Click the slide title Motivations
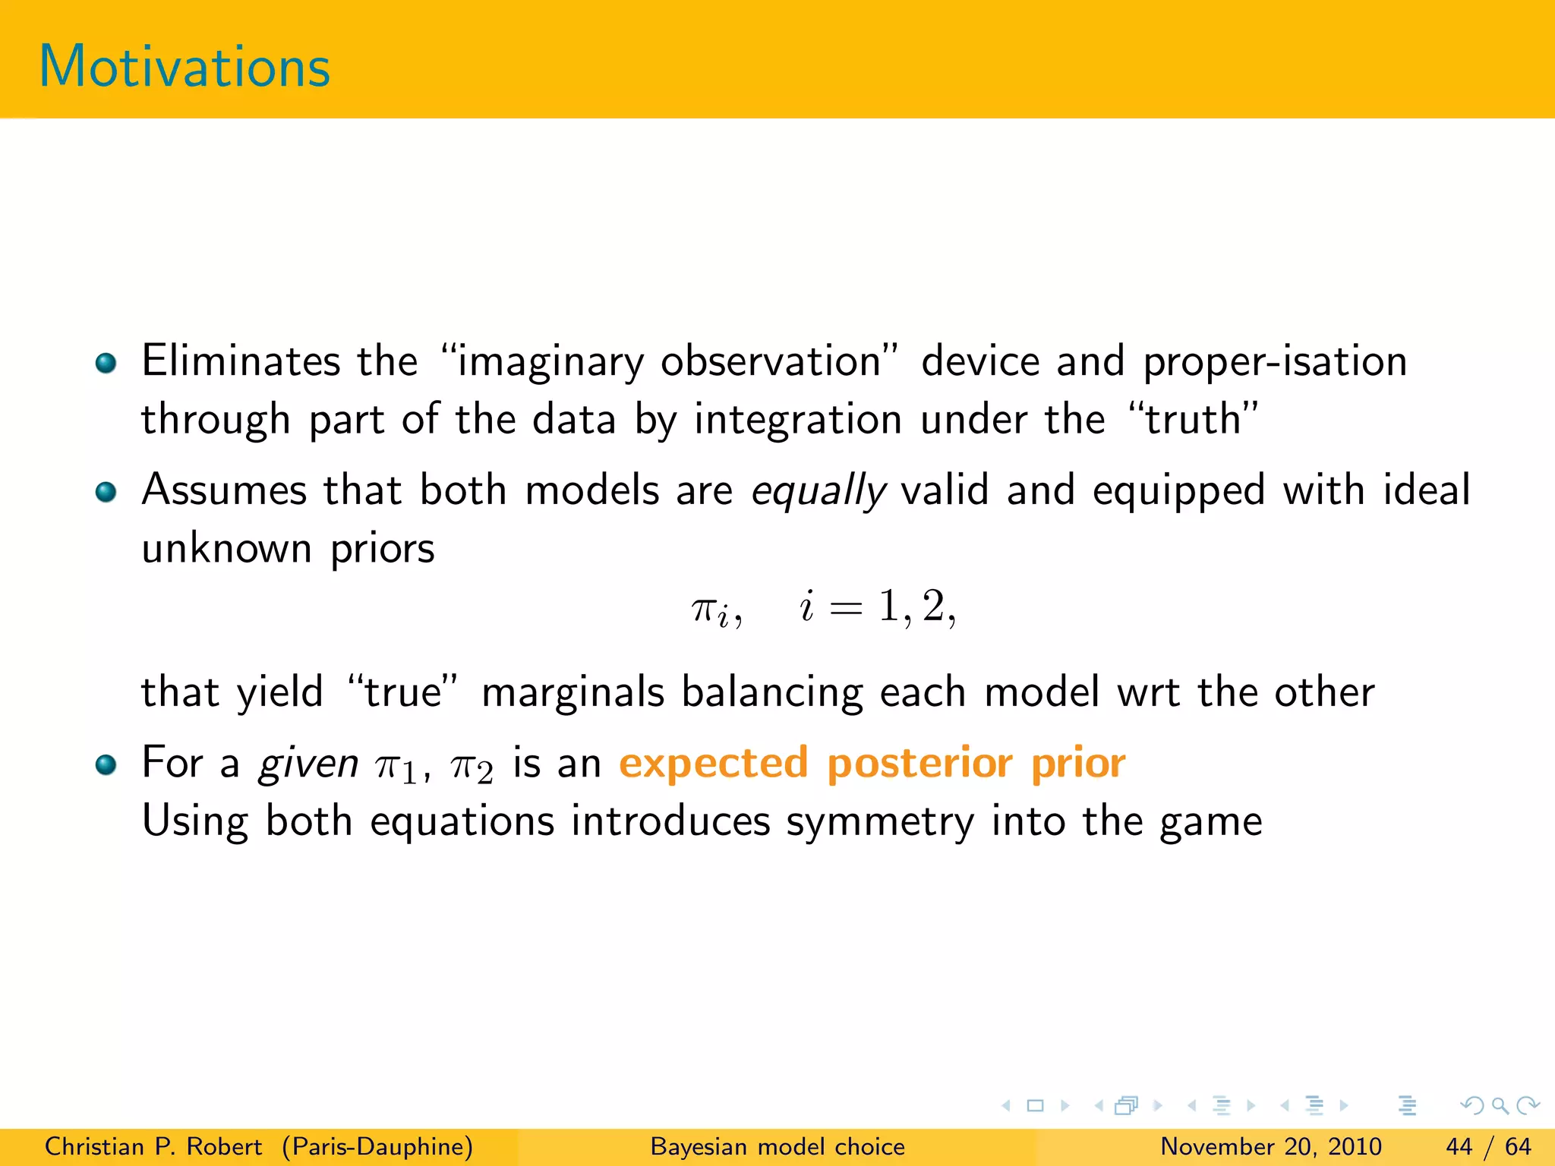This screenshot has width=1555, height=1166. (185, 67)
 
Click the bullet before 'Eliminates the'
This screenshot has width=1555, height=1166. (106, 363)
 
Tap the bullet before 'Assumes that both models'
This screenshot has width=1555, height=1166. (106, 492)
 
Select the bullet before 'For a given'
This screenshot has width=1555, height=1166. (106, 764)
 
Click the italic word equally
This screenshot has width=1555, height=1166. (818, 491)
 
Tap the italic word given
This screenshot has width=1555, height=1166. (308, 764)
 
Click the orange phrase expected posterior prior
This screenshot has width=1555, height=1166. (872, 763)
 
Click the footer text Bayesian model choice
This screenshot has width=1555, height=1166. (777, 1146)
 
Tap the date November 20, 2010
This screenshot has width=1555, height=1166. (1270, 1146)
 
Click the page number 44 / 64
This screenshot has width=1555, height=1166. (1488, 1146)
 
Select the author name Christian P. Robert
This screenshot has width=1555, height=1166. (153, 1146)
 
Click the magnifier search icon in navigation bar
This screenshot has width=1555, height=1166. (1500, 1105)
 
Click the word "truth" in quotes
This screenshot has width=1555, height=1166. (1194, 419)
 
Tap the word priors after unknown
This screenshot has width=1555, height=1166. (382, 549)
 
